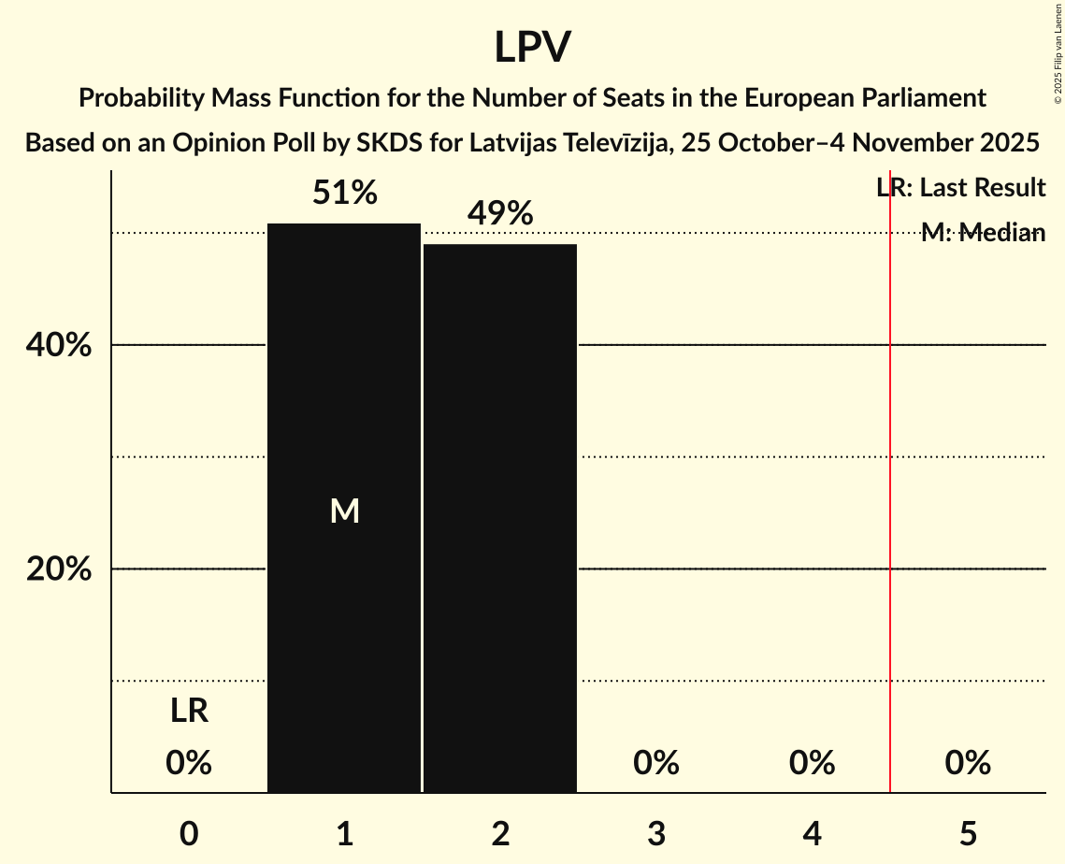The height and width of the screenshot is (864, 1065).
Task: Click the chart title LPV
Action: pos(532,47)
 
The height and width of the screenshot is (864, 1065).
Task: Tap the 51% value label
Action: pos(344,194)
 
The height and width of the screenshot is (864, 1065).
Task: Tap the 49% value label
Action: pos(500,214)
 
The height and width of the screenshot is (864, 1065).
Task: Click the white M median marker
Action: pos(344,511)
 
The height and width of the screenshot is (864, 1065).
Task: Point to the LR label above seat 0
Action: pos(189,712)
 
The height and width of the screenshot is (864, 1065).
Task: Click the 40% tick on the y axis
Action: pos(58,346)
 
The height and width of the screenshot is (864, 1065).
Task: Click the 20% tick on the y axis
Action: pos(58,569)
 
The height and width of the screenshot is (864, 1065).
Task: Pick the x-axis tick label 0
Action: pos(189,833)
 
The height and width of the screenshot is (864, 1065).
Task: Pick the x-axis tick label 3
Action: pos(656,833)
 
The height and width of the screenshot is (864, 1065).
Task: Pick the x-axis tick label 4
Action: pos(812,833)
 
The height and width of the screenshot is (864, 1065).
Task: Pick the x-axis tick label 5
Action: pos(968,833)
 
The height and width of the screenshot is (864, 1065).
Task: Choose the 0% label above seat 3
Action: pos(656,764)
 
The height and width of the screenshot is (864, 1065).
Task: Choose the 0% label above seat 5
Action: pos(968,764)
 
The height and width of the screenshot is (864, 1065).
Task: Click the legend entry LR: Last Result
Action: pos(960,188)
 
